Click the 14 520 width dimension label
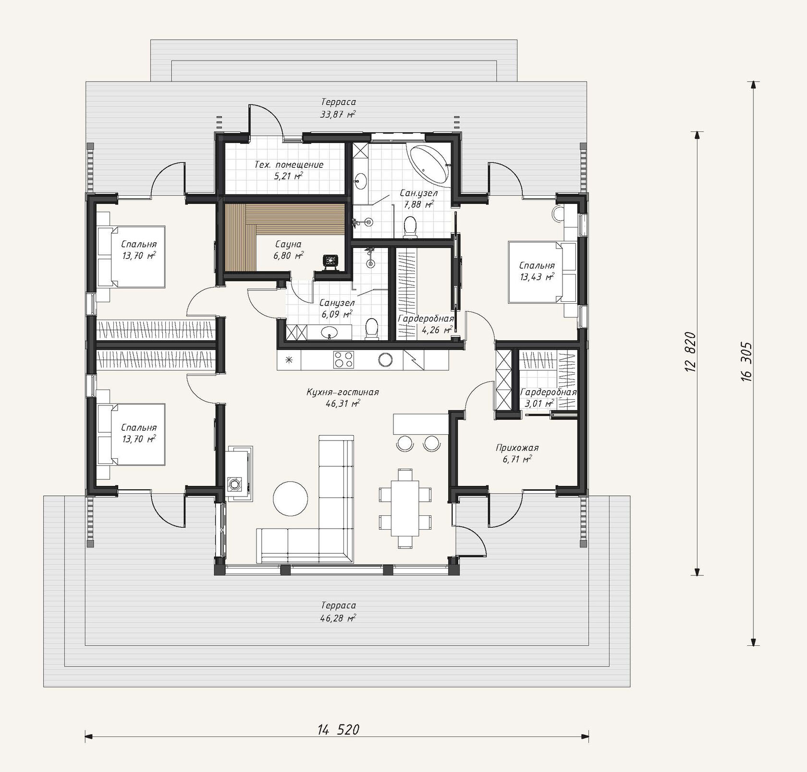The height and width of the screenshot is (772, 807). click(338, 730)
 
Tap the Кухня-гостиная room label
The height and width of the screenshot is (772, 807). click(342, 392)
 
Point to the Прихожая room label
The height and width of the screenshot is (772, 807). click(517, 448)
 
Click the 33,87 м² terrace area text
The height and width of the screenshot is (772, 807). click(338, 114)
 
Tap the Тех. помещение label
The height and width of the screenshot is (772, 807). click(289, 165)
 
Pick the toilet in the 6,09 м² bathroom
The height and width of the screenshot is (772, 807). click(372, 329)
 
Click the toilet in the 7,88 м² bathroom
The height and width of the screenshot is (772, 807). click(410, 227)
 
